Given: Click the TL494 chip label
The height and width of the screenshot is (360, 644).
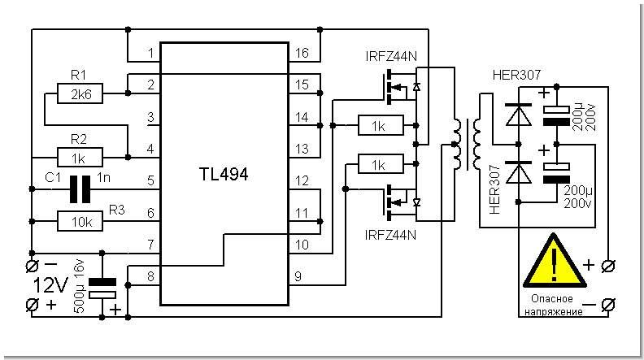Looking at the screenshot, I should click(224, 174).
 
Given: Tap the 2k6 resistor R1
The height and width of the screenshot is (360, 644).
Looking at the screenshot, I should click(80, 95).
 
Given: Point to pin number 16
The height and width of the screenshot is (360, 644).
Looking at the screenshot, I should click(302, 54).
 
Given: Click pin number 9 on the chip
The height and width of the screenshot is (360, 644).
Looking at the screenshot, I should click(298, 276).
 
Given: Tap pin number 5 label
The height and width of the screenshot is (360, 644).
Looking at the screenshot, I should click(150, 181).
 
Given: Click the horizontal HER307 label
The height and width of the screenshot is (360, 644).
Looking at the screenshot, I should click(516, 76).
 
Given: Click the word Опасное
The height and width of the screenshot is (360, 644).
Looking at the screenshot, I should click(540, 300).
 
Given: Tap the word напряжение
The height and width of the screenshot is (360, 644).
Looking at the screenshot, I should click(551, 312).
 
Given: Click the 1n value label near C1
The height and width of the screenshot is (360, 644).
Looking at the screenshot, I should click(104, 176).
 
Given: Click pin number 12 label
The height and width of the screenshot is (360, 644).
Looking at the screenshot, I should click(302, 180).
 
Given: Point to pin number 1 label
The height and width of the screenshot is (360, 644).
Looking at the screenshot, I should click(150, 54).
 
